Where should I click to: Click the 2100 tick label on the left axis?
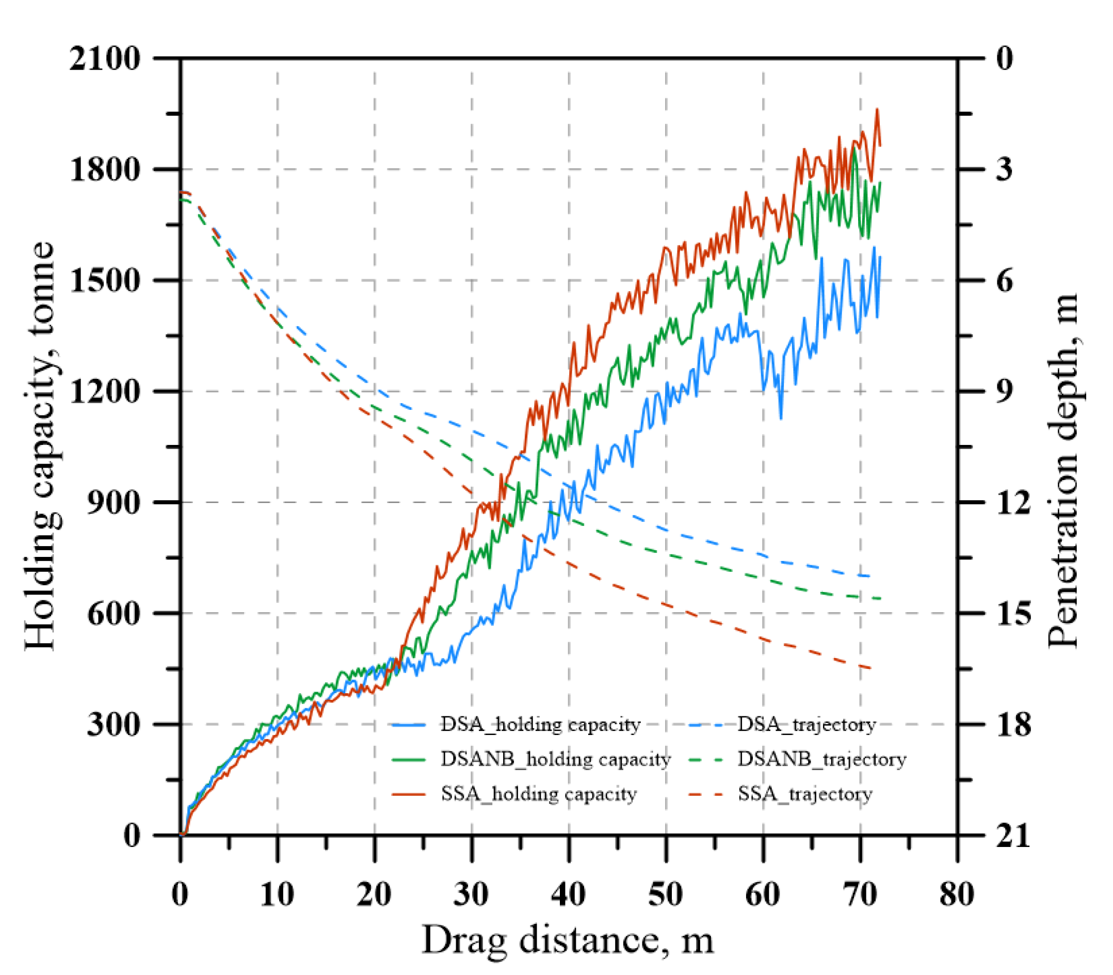[x=104, y=58]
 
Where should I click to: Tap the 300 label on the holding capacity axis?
[x=114, y=724]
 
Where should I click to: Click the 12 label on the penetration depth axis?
[x=1013, y=502]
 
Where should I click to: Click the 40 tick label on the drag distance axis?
[x=569, y=894]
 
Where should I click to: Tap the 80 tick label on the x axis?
[x=957, y=894]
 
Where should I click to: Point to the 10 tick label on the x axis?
[x=278, y=894]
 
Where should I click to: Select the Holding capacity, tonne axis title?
[x=40, y=446]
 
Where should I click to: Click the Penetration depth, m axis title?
[x=1063, y=471]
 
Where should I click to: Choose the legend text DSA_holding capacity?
[x=540, y=725]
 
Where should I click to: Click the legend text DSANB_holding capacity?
[x=555, y=759]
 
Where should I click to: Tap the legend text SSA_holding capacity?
[x=539, y=794]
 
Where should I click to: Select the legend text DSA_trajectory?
[x=806, y=725]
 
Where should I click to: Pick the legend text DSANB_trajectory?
[x=821, y=759]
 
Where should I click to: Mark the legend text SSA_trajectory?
[x=804, y=794]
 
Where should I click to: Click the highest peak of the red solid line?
[x=877, y=109]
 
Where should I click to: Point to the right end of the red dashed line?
[x=872, y=668]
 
